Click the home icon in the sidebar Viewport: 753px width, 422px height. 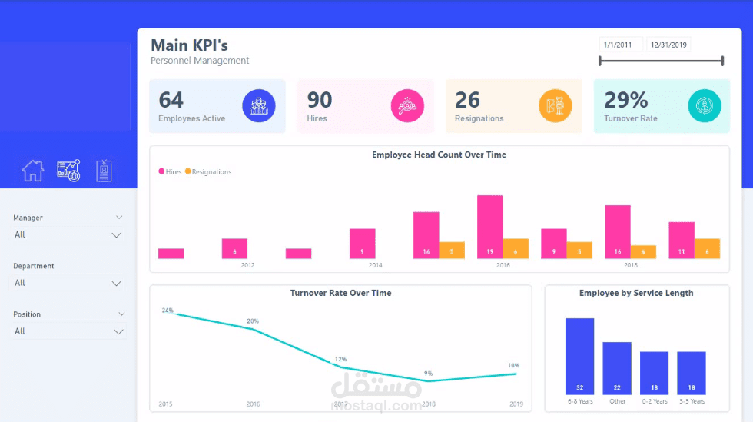point(32,171)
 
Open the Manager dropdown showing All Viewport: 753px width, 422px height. point(68,234)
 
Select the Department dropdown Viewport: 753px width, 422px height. point(68,283)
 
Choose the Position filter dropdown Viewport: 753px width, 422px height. point(68,331)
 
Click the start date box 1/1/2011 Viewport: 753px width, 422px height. point(619,45)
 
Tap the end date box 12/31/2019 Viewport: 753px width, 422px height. point(668,45)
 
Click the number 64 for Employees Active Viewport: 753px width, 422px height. point(171,100)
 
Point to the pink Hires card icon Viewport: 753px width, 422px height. point(407,106)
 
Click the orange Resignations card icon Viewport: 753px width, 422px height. point(555,106)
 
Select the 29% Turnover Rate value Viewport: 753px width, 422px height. point(626,100)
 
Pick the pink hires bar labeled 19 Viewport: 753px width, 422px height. point(490,227)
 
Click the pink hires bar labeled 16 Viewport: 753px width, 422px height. point(617,231)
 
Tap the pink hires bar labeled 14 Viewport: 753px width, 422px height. point(426,235)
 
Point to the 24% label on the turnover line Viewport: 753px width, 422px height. point(168,311)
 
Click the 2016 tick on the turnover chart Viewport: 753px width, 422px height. point(253,404)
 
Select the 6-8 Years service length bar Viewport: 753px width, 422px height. point(579,357)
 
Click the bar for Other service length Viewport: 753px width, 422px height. point(616,368)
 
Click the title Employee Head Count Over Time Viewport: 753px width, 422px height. point(439,155)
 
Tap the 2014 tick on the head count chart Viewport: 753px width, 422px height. point(375,265)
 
